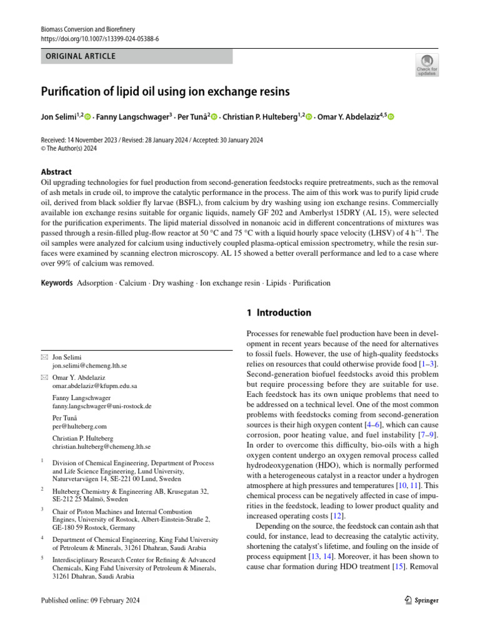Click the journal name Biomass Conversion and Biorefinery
[87, 29]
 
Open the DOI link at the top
[99, 38]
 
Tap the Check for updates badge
[427, 65]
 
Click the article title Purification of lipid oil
[166, 92]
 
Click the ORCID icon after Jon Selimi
[87, 117]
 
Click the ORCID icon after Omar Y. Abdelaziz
[391, 117]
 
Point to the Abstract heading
[56, 172]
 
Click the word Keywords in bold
[56, 283]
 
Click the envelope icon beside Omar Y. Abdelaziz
[44, 377]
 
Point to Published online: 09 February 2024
[90, 600]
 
